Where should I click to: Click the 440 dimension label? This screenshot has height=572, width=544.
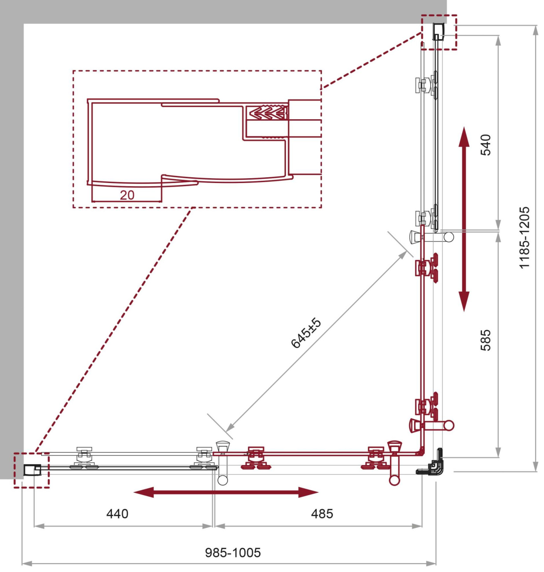[118, 514]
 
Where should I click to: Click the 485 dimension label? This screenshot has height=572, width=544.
[322, 514]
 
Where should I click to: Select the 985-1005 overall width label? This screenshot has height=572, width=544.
[233, 553]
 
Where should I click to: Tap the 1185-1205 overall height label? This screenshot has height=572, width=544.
[525, 238]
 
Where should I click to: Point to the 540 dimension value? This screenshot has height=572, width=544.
[485, 145]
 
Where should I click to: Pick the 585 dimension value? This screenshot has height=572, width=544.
[485, 340]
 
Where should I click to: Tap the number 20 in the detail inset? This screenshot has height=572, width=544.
[127, 195]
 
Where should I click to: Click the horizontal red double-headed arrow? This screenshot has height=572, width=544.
[226, 492]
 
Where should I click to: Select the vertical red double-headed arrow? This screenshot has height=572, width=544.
[463, 219]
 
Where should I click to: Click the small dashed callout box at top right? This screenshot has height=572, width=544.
[439, 32]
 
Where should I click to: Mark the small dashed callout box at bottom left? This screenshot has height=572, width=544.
[32, 470]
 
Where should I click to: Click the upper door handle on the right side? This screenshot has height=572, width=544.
[432, 237]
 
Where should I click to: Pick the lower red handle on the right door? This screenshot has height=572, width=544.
[432, 425]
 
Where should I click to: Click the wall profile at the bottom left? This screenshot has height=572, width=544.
[32, 470]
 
